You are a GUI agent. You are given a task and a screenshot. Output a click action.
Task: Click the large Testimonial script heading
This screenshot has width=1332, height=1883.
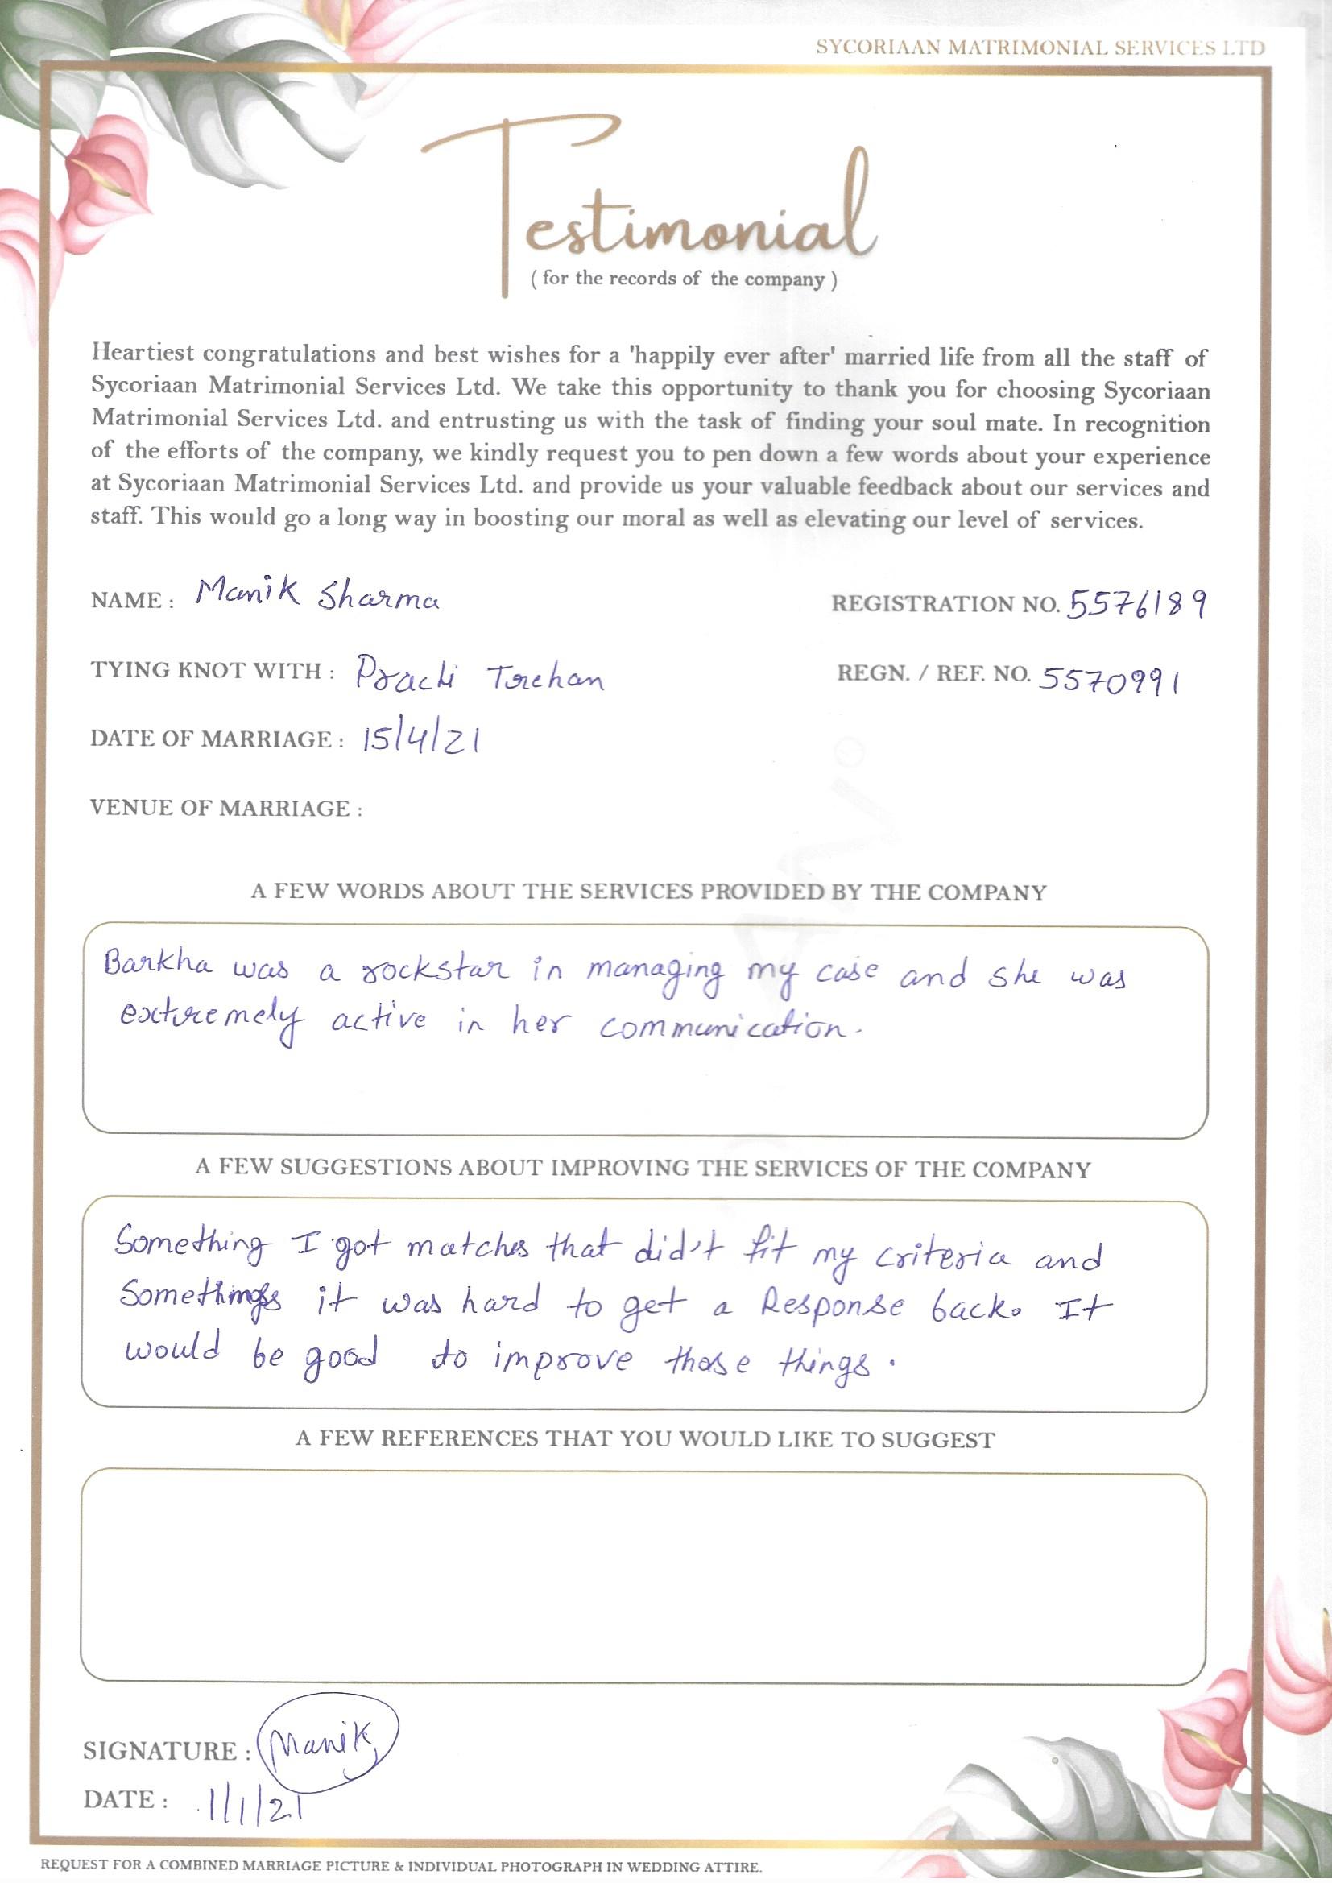(x=648, y=205)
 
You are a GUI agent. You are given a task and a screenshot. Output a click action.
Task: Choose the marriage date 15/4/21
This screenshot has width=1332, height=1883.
(x=420, y=741)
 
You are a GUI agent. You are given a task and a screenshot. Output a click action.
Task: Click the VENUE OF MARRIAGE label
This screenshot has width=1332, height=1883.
(x=226, y=809)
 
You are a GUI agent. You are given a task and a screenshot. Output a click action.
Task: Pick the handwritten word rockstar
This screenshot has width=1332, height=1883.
(x=436, y=971)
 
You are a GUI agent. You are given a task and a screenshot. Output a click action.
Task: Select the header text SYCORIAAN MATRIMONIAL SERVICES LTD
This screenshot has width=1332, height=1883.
(x=1039, y=48)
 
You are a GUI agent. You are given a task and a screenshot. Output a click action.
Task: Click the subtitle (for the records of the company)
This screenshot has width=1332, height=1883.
(x=684, y=279)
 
